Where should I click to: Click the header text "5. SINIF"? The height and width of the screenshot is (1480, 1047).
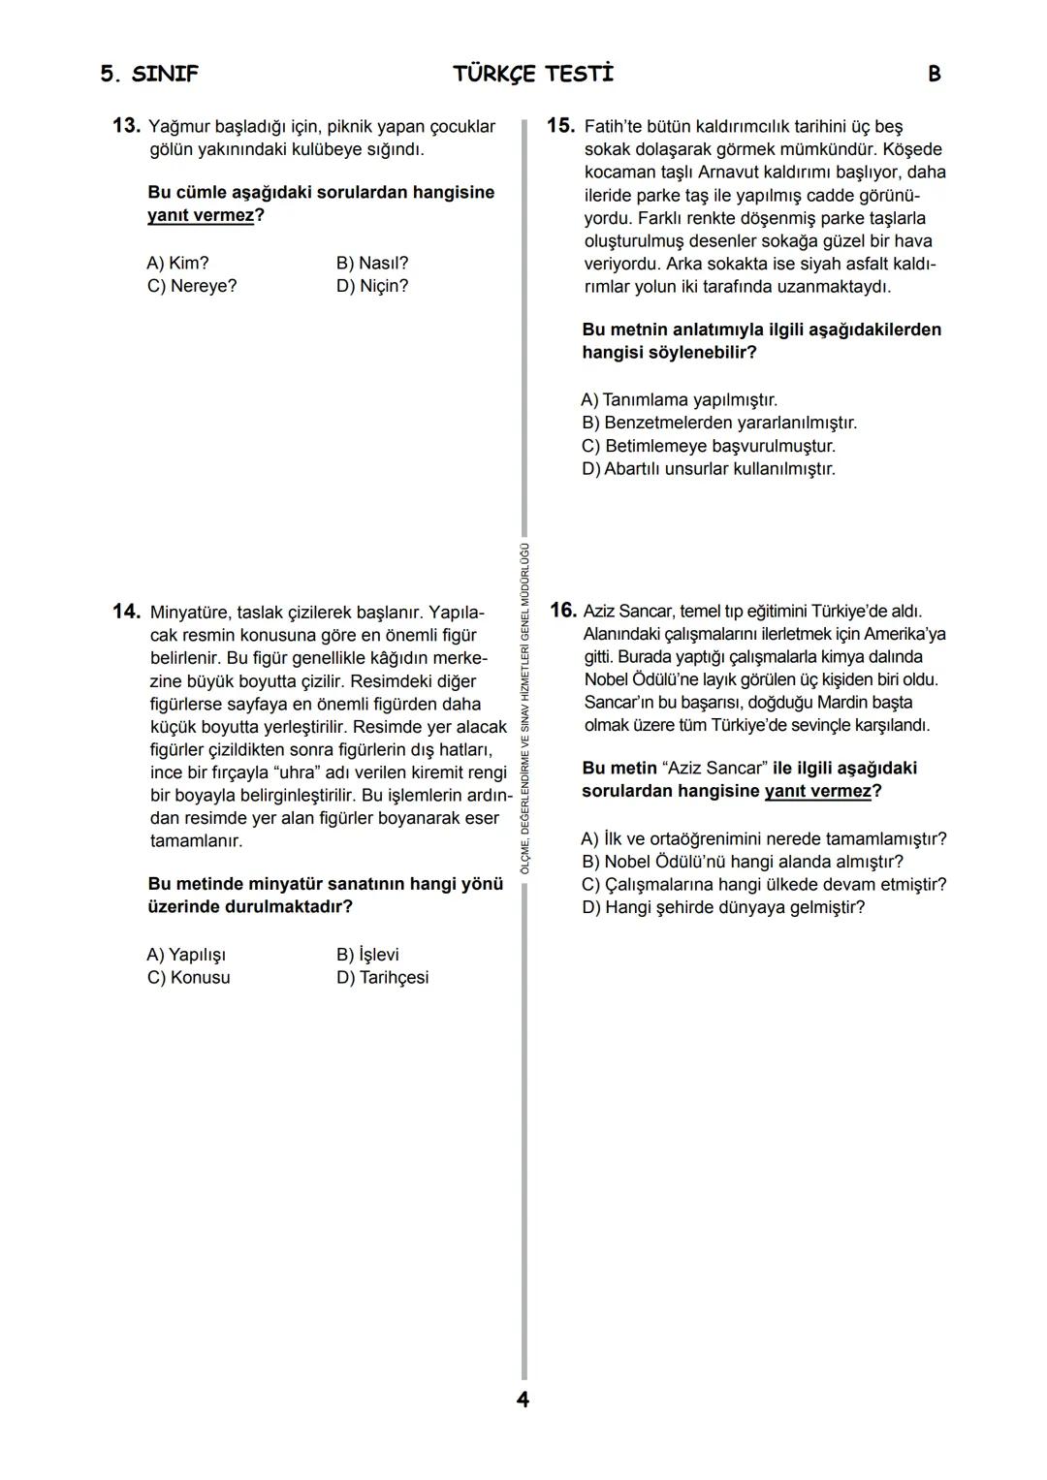149,75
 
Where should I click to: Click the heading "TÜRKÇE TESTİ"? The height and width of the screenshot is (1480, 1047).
532,75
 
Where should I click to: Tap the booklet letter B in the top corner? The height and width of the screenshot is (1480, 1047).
934,75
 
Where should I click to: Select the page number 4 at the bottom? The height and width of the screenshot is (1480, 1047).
523,1400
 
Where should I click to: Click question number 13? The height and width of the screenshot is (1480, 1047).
127,126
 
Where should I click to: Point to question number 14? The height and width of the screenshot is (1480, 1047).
127,612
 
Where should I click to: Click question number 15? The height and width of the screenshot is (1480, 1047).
561,126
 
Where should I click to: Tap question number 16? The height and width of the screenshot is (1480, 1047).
562,611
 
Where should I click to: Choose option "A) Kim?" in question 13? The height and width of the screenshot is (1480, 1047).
178,263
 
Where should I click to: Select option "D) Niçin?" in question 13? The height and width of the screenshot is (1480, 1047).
372,286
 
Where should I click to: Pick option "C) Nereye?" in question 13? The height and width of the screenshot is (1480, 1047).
192,286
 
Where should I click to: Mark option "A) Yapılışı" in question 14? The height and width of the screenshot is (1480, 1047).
186,955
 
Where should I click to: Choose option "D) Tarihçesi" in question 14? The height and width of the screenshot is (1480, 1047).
382,977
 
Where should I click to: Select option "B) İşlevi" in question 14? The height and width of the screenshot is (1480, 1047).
367,955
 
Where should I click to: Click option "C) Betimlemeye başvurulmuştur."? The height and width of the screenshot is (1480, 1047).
708,446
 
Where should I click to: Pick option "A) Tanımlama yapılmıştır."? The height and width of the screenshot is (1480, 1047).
679,399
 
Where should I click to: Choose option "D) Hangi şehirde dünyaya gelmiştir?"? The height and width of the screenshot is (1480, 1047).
722,907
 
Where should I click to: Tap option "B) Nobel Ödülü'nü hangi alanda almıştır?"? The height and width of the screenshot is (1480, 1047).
742,862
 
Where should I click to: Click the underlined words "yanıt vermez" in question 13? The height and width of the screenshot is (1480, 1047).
201,215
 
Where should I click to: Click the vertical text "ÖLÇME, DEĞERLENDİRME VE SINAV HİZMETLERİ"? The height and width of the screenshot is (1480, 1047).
524,737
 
